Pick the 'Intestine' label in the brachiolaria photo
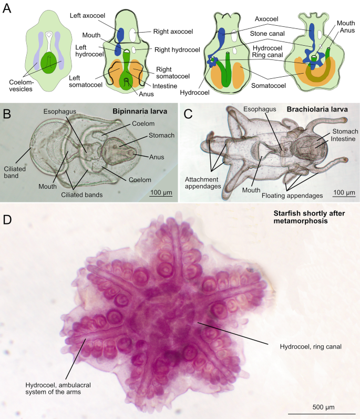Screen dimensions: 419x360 click(343, 139)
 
